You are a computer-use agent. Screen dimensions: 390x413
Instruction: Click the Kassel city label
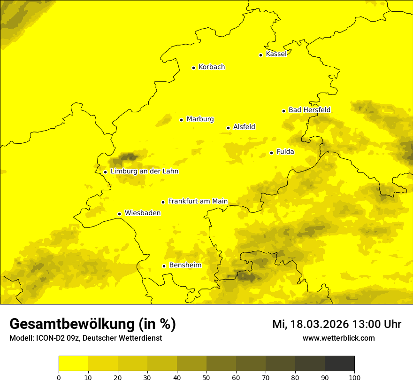[x=276, y=54]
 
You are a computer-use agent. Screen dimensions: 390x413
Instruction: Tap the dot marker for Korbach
[x=193, y=68]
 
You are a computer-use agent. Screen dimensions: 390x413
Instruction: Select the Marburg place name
[x=200, y=119]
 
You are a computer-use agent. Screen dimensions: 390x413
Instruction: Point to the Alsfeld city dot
[x=228, y=128]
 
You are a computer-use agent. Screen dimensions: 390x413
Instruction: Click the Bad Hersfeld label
[x=309, y=110]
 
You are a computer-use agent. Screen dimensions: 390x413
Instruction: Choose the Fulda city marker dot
[x=271, y=153]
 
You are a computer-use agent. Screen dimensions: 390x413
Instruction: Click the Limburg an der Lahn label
[x=144, y=172]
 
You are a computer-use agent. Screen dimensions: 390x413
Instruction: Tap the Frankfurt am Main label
[x=198, y=202]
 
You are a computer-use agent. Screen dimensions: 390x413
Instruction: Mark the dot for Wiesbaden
[x=119, y=214]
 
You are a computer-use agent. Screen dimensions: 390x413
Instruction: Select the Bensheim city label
[x=185, y=265]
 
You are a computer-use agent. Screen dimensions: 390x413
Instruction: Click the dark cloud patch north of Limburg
[x=128, y=156]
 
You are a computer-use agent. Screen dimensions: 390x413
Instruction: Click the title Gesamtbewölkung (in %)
[x=92, y=324]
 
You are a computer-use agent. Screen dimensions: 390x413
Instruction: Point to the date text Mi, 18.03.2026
[x=310, y=324]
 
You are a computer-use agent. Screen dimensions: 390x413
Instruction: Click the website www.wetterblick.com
[x=338, y=338]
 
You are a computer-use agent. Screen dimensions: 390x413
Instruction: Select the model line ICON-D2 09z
[x=85, y=338]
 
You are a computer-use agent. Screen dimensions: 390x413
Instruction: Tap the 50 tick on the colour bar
[x=206, y=377]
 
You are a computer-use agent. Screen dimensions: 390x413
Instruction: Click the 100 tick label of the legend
[x=354, y=377]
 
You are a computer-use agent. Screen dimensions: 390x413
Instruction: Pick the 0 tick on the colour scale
[x=59, y=377]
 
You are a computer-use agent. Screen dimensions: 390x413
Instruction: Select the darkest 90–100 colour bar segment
[x=339, y=364]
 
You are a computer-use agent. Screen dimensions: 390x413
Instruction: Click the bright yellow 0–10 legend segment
[x=73, y=364]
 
